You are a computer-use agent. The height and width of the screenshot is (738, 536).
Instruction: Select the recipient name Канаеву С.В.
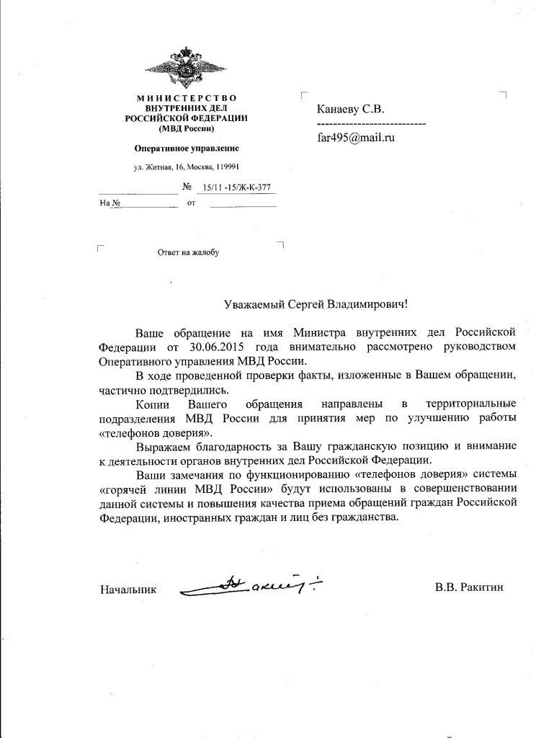(351, 110)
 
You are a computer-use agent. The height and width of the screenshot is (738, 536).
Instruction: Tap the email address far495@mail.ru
(356, 138)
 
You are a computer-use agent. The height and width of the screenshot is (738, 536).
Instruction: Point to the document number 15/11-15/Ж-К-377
(233, 189)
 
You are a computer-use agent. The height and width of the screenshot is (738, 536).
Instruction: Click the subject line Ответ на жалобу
(187, 253)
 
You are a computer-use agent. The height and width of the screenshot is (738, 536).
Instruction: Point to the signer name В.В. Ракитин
(469, 587)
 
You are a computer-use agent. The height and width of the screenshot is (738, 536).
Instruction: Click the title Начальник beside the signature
(128, 589)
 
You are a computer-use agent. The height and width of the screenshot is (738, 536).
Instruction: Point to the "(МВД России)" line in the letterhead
(186, 129)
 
